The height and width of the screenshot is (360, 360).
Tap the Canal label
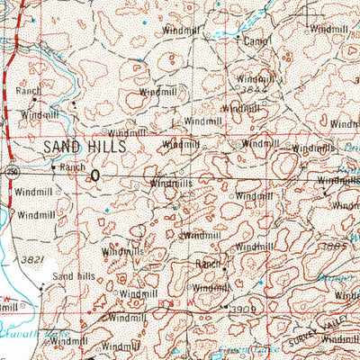pos(256,41)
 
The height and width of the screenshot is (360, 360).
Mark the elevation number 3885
pos(334,245)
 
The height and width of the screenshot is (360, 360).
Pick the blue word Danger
pos(341,278)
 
